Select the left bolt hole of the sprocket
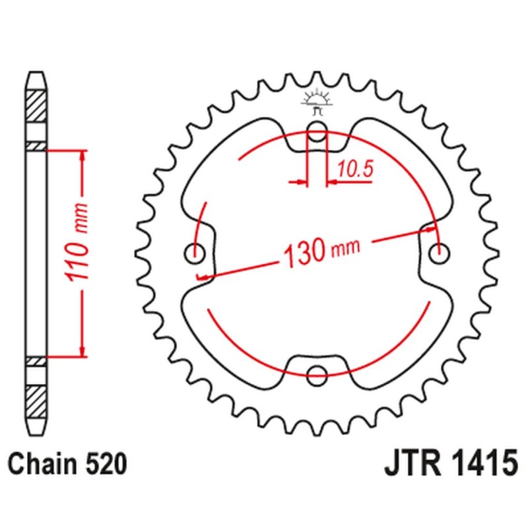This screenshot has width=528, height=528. [196, 251]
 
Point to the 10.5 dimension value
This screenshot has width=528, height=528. [354, 170]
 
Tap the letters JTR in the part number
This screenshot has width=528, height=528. [411, 464]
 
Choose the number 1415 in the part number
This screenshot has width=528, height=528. [482, 464]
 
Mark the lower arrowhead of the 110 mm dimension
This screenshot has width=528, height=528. [82, 352]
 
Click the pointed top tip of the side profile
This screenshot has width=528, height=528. [36, 73]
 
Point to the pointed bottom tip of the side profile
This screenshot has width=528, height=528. [36, 432]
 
